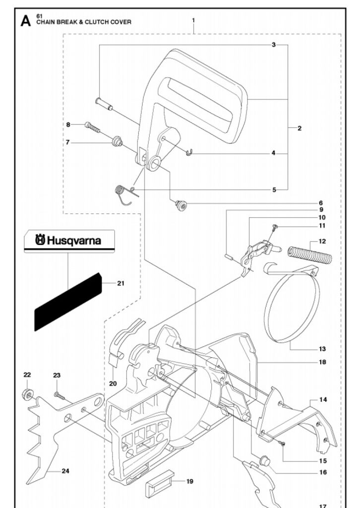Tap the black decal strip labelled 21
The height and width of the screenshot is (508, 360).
68,302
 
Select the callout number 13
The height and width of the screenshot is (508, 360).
322,349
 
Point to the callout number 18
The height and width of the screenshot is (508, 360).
322,362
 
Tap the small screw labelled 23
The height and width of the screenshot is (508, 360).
59,395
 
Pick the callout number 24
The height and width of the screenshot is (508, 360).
65,471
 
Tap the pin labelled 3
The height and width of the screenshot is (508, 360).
104,104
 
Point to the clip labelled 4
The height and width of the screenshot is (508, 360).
190,152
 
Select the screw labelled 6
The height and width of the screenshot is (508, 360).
180,204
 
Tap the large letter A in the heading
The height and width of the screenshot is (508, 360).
25,21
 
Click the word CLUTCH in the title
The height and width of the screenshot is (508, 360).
96,22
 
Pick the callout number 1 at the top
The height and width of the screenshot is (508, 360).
193,20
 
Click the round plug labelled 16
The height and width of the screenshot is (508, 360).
264,460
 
